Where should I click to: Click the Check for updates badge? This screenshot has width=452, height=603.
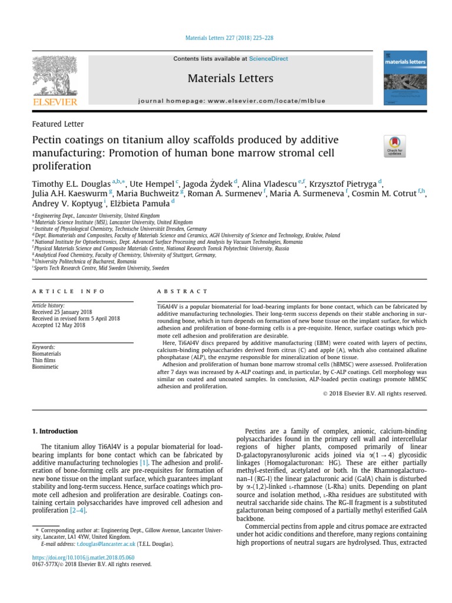[x=394, y=146]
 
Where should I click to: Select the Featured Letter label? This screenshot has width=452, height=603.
[x=57, y=124]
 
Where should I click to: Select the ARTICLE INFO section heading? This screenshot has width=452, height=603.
[x=68, y=291]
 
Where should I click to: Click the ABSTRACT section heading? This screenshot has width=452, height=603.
[x=182, y=291]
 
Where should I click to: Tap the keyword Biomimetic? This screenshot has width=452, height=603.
[x=46, y=366]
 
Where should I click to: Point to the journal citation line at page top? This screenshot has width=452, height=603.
[x=225, y=38]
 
